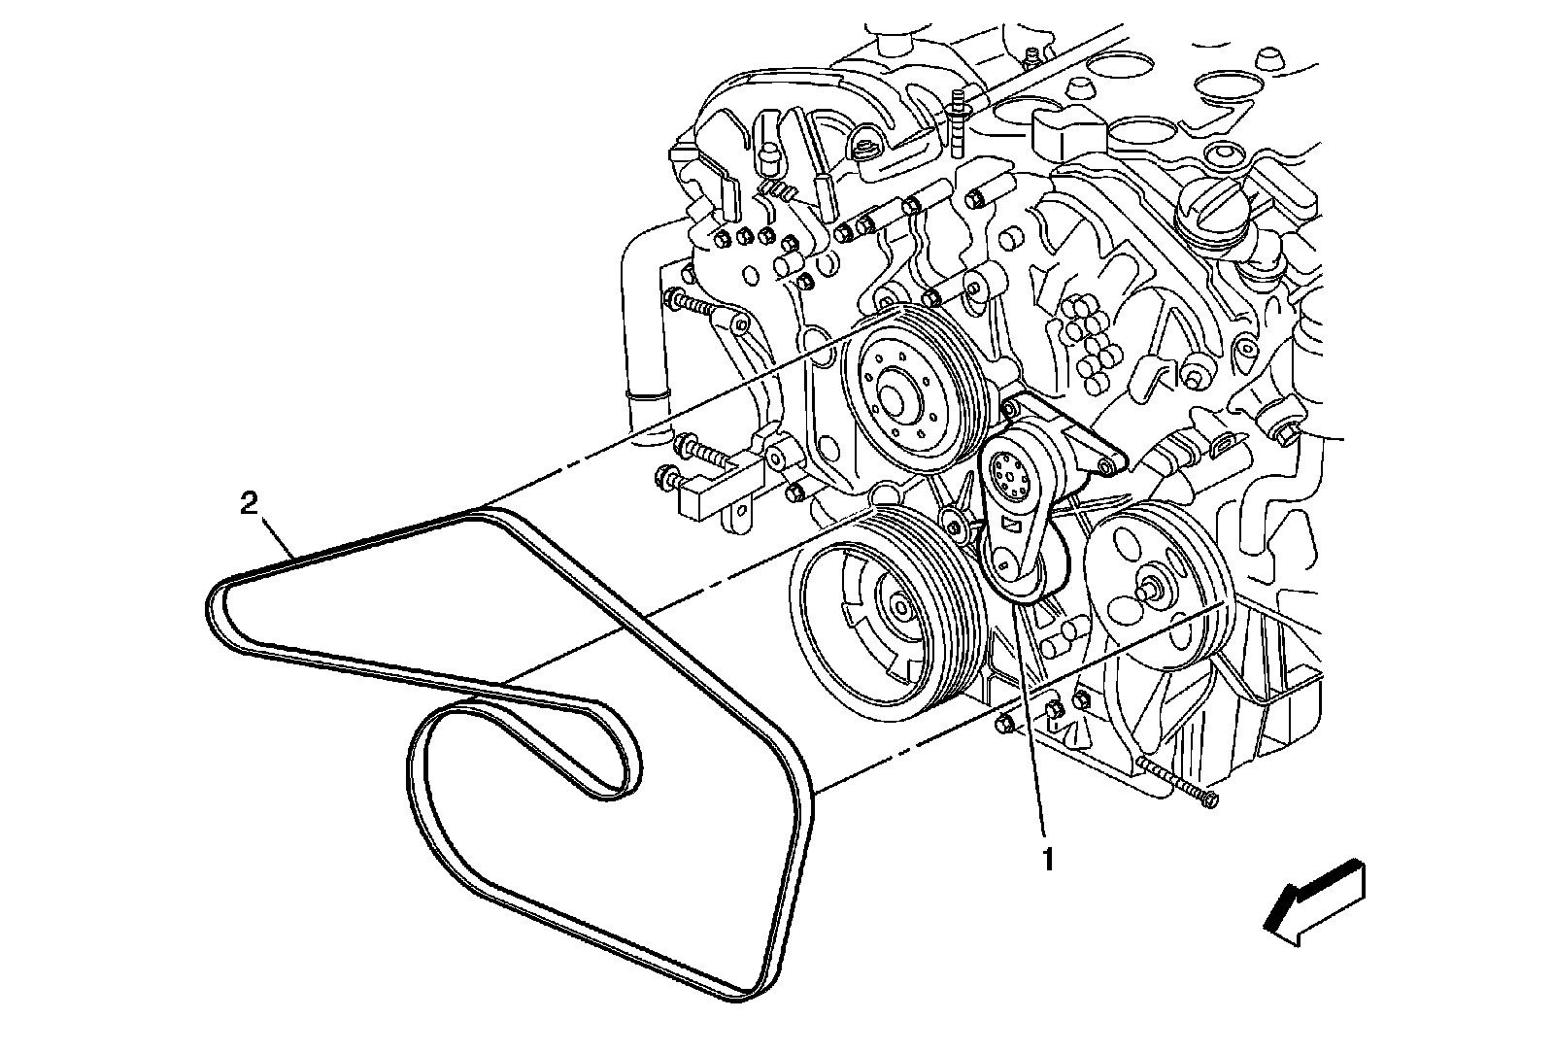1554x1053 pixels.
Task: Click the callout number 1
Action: [x=1047, y=859]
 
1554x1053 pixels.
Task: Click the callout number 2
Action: [x=250, y=503]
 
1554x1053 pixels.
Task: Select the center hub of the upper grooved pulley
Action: [x=892, y=393]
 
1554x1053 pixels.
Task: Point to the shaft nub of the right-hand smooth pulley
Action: [x=1153, y=589]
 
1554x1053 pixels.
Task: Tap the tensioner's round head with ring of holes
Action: [x=1006, y=475]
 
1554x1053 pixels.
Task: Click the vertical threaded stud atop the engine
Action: [x=959, y=121]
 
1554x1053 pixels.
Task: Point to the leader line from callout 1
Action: [x=1030, y=719]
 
